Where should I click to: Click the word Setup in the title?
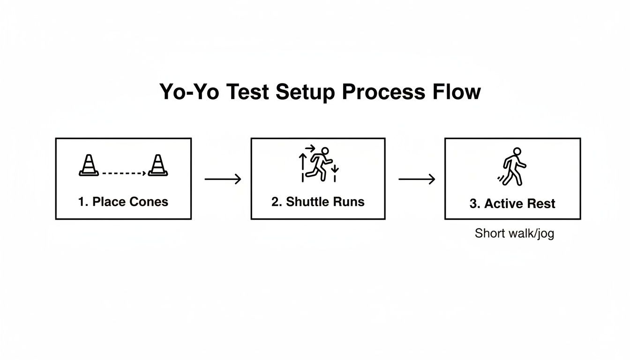pos(305,92)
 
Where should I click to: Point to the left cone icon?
pos(89,165)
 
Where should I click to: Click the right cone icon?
pos(158,165)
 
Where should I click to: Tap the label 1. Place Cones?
pos(123,202)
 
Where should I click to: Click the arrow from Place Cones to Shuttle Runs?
pos(223,179)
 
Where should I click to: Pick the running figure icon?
pos(319,164)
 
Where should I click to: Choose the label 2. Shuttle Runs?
pos(318,202)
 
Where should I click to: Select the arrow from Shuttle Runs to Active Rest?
pos(416,179)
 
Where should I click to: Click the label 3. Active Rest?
pos(512,203)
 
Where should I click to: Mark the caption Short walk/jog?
pos(514,233)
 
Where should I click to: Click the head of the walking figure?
pos(517,151)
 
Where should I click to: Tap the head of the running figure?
pos(325,151)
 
